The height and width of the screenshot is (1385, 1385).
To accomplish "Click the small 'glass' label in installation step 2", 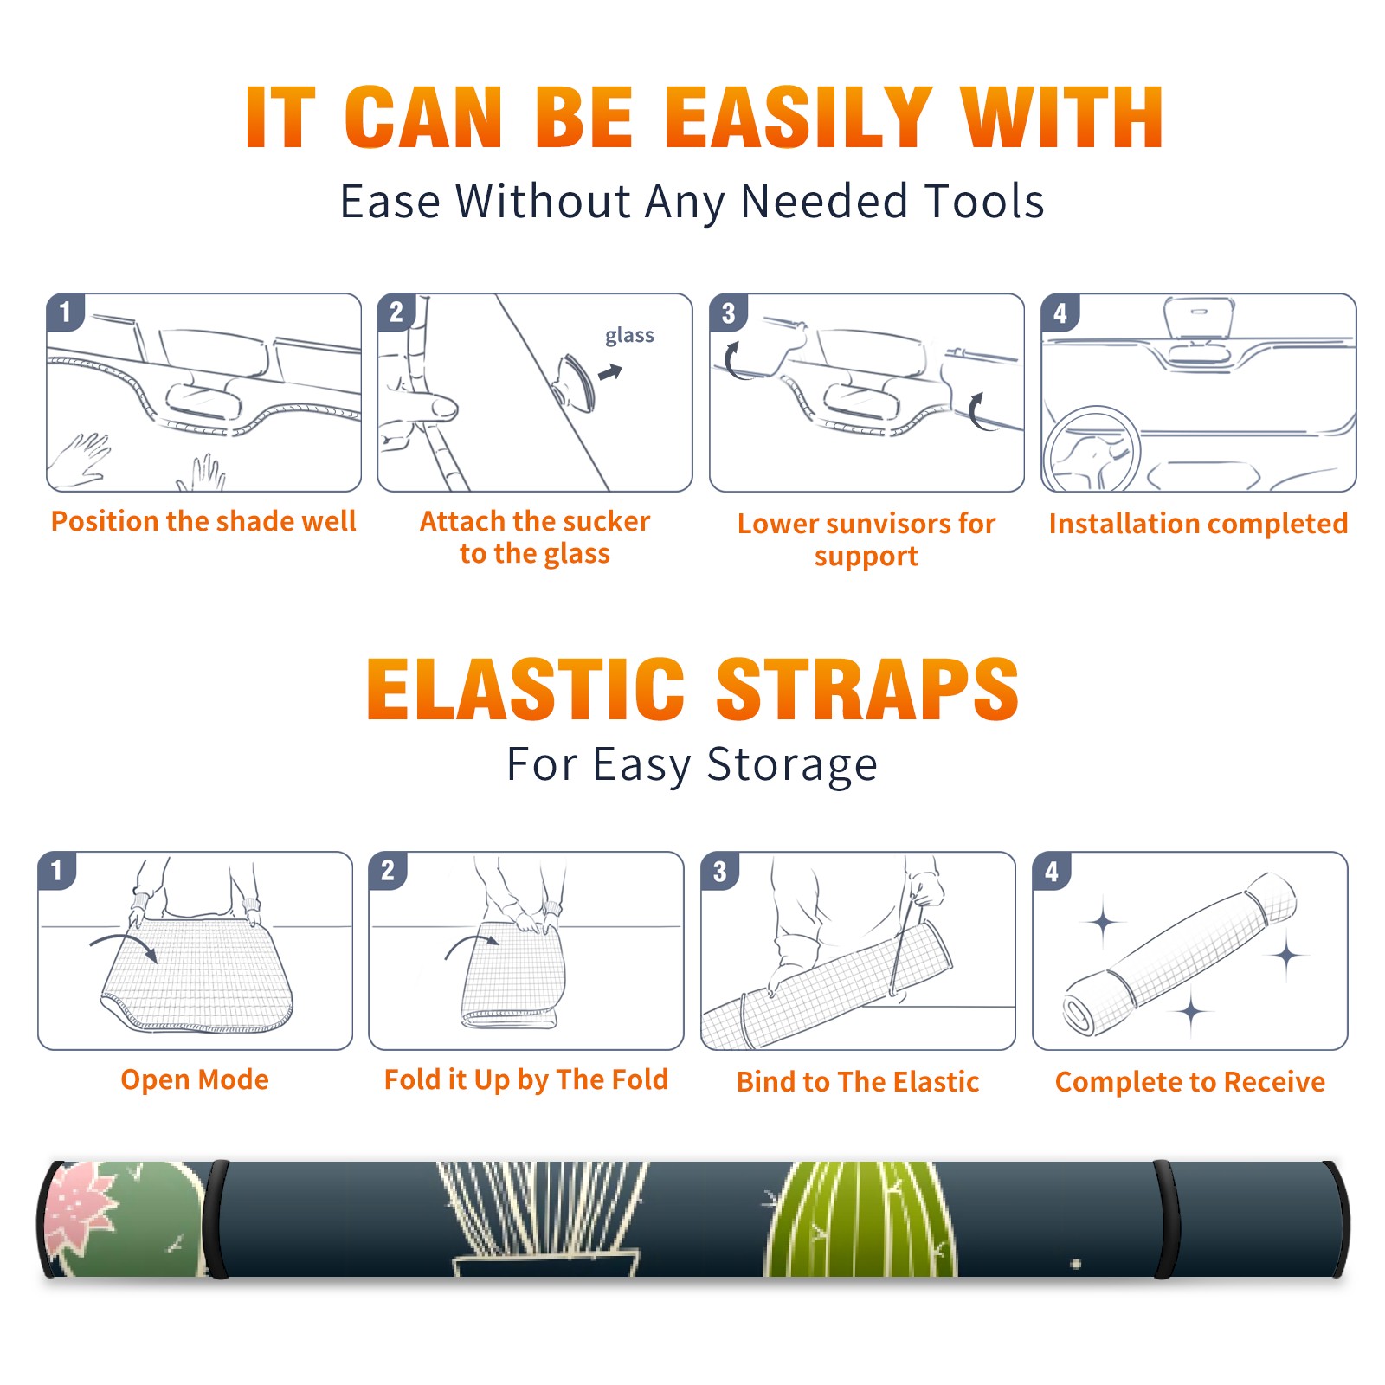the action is (629, 336).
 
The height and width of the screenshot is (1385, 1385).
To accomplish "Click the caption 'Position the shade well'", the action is (203, 521).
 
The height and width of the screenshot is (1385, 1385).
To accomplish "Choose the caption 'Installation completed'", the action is (1198, 524).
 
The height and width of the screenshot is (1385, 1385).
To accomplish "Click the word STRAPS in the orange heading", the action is (867, 689).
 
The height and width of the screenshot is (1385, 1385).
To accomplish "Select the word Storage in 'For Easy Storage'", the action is (792, 765).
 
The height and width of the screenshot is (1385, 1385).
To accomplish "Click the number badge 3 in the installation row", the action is (728, 313).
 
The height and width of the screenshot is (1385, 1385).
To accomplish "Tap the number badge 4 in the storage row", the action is (1052, 871).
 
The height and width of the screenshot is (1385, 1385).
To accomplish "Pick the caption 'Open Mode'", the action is (195, 1079).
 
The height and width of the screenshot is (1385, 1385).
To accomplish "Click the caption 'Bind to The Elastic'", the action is (858, 1082).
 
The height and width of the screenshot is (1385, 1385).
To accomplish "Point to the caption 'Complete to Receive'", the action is (1190, 1082).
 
